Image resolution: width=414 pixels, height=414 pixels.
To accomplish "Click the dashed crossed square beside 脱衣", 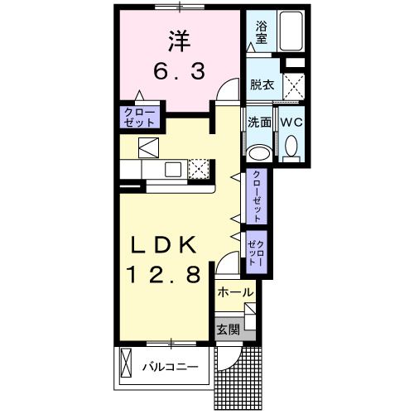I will (293, 84).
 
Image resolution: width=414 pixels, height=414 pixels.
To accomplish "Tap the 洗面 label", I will (259, 121).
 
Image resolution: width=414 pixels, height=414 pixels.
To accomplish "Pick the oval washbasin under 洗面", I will (259, 152).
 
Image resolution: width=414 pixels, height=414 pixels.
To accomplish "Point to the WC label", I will (291, 121).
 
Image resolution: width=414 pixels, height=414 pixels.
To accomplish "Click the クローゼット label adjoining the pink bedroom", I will (139, 117).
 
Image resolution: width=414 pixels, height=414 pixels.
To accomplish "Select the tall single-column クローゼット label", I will (257, 196).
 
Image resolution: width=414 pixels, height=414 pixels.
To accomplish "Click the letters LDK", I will (162, 246).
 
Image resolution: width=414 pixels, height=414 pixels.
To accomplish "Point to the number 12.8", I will (163, 276).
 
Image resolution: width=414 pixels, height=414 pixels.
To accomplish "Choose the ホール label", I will (234, 293).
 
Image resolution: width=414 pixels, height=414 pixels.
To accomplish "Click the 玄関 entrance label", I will (229, 328).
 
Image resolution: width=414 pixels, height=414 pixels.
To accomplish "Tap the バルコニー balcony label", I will (168, 365).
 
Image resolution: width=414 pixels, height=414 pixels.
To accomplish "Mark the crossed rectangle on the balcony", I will (126, 364).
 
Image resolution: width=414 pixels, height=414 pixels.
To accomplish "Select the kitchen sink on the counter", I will (173, 169).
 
